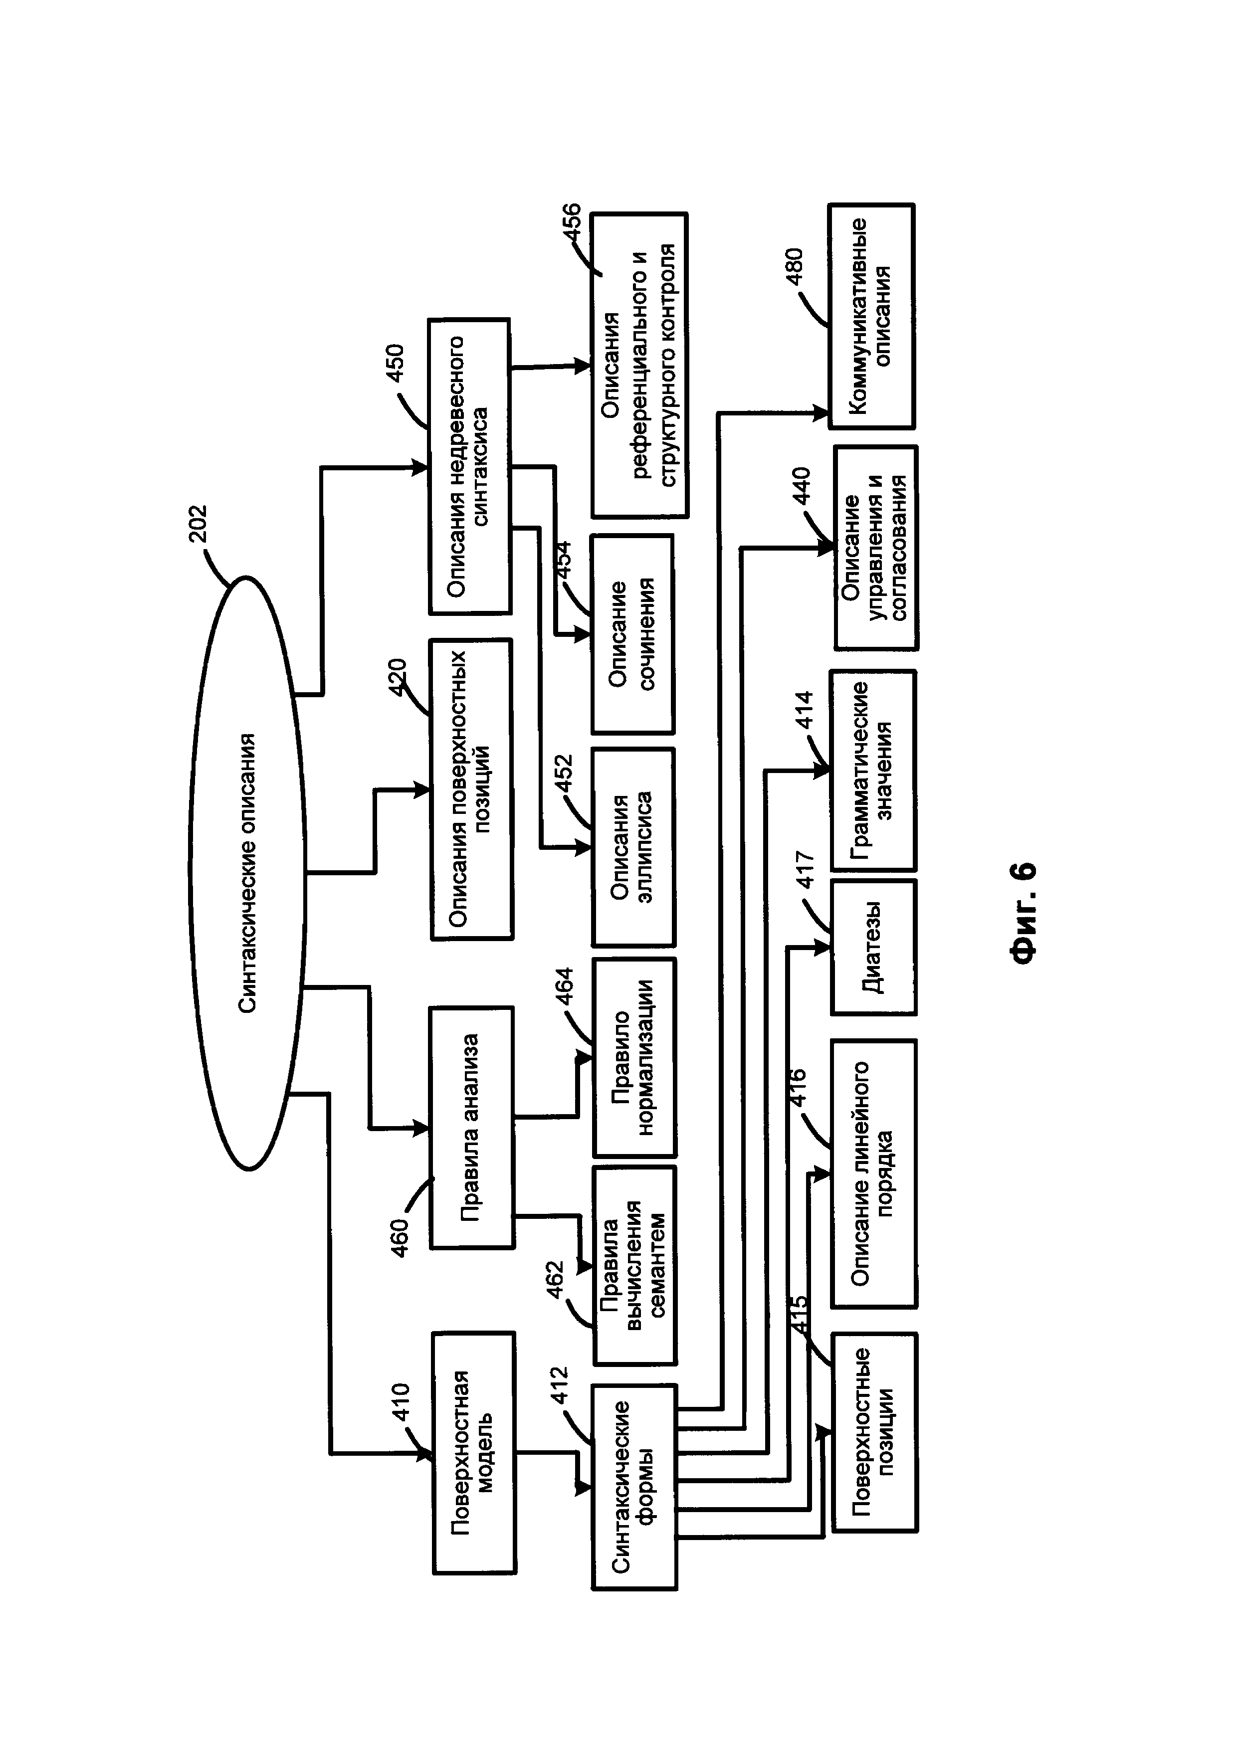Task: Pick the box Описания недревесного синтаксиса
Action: (x=468, y=466)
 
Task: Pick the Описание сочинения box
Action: (x=631, y=634)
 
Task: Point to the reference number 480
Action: (x=793, y=266)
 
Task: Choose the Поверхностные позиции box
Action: (x=874, y=1433)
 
